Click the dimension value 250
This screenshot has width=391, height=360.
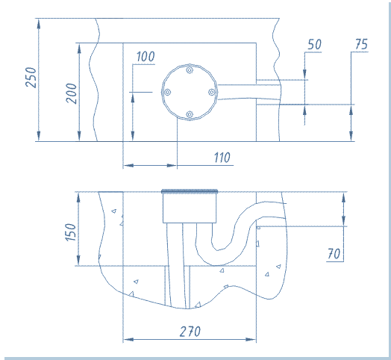pos(31,78)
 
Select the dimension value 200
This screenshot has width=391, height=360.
pos(72,93)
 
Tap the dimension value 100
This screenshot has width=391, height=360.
pos(146,57)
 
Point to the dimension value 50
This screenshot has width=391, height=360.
pos(314,45)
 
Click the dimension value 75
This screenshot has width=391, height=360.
pos(362,44)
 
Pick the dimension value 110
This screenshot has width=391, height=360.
pos(222,158)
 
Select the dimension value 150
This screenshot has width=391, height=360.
pos(71,232)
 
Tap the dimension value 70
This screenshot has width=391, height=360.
pos(334,254)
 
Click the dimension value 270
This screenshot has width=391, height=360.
pos(190,332)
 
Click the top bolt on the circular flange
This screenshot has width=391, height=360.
pos(190,69)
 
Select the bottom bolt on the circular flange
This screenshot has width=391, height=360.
pos(190,114)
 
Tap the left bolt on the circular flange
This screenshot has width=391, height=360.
pos(167,92)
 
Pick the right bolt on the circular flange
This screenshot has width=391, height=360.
pos(212,92)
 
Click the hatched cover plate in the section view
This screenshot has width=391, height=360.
pos(190,191)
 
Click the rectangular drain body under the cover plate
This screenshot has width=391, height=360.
pos(190,208)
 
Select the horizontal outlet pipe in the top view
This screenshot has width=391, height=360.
pos(249,92)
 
